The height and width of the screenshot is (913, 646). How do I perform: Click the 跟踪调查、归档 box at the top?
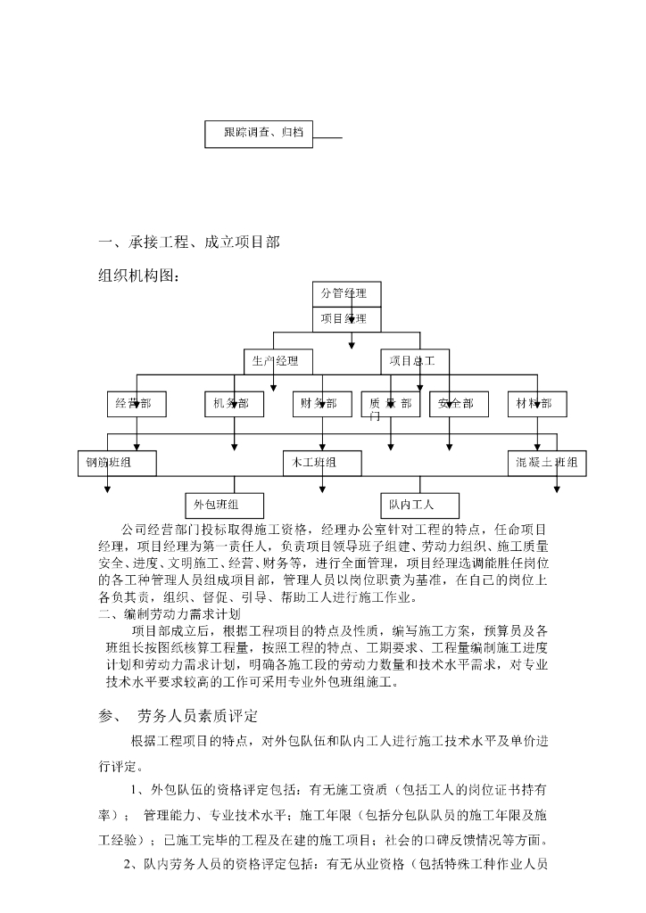(259, 134)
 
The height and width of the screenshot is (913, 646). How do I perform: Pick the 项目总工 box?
(413, 361)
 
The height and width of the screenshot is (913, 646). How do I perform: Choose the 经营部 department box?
(136, 404)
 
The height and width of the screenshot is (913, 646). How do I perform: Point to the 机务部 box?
(233, 404)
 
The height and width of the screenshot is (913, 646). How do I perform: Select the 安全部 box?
(457, 404)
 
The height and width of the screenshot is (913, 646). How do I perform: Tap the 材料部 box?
(535, 404)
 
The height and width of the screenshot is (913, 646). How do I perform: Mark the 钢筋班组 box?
(116, 463)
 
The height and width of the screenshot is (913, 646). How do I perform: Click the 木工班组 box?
(322, 463)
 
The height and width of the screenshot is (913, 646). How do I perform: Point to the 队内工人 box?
(419, 505)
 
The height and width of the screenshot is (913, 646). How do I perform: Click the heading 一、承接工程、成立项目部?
(189, 243)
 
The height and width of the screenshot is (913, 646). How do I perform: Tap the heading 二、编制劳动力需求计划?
(170, 614)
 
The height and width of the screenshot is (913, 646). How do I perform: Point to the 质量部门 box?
(391, 406)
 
